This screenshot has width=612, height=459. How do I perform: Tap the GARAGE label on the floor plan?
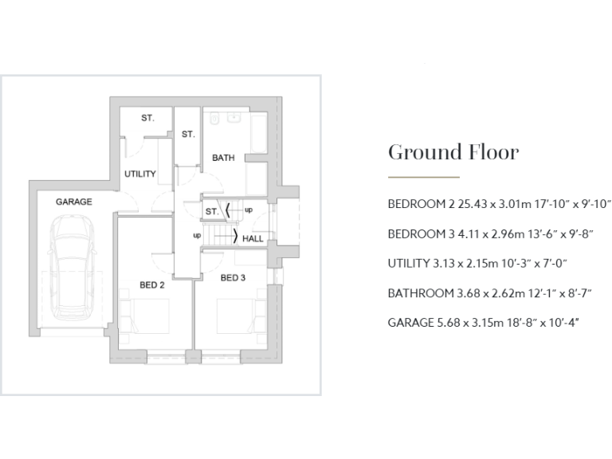pos(74,202)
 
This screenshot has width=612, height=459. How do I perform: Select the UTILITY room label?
pos(139,174)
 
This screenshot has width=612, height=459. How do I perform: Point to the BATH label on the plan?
pos(223,158)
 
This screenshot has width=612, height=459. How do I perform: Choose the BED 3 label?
pos(233,277)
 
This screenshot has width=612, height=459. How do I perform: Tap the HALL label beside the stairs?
pos(253,238)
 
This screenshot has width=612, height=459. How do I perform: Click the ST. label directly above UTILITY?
pos(148,118)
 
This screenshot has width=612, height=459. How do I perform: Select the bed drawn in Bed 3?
pos(236,315)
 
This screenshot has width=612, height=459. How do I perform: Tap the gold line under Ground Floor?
pos(423,177)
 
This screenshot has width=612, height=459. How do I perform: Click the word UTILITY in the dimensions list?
pos(409,263)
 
